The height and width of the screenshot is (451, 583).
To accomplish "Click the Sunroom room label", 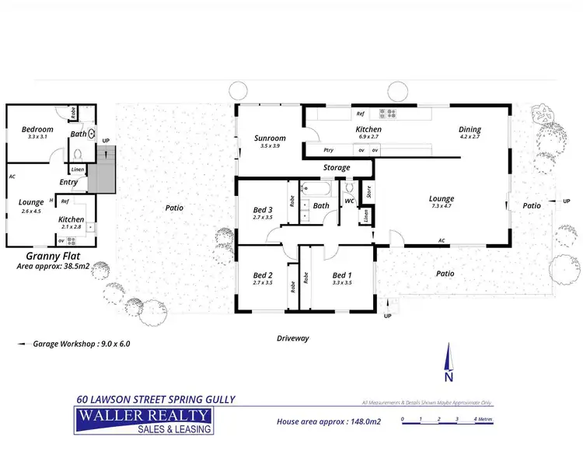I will tap(270, 138).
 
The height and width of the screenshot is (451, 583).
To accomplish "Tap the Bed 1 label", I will tap(342, 275).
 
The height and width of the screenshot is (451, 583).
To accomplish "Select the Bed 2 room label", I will tap(263, 275).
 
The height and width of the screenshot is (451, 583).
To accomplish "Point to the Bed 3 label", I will tap(263, 209).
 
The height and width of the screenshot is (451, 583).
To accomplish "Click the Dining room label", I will tap(470, 129).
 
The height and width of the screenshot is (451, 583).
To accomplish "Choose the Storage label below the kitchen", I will tap(336, 167).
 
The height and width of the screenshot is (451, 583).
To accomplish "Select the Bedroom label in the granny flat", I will tap(37, 129).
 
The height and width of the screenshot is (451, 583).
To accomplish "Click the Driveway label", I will tap(293, 338).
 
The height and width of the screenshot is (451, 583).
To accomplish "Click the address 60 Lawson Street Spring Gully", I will tap(155, 400).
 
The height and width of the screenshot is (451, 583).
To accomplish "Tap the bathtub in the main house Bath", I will tap(316, 187).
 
